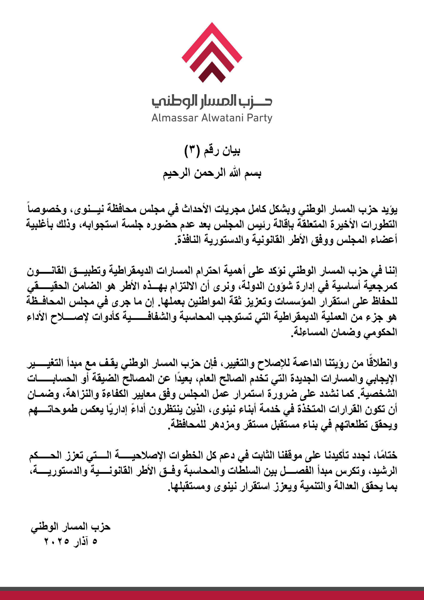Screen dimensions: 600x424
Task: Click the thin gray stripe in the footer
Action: coord(212,589)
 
